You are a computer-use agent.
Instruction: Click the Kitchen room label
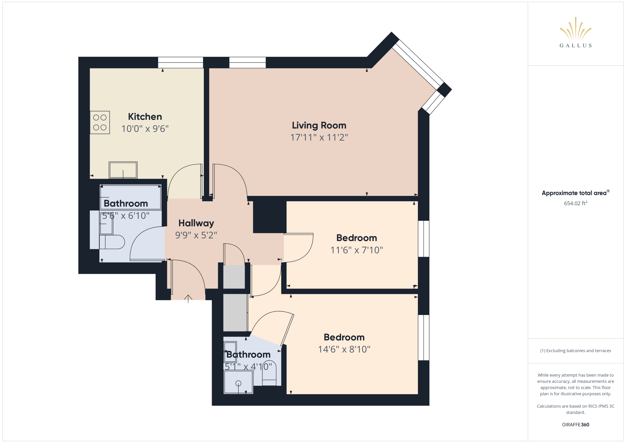(145, 117)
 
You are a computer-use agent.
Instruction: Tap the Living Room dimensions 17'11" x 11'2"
(319, 137)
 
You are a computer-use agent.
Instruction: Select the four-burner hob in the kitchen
(100, 123)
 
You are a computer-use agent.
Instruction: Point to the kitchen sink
(123, 170)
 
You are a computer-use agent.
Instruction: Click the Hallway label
(196, 223)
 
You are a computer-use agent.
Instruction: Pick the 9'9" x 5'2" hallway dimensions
(196, 235)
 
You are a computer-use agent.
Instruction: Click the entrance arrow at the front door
(188, 298)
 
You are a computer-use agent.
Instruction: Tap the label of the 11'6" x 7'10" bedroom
(357, 238)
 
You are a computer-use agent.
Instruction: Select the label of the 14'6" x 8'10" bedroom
(344, 337)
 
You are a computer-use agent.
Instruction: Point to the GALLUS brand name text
(576, 45)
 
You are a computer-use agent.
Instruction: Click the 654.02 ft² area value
(576, 203)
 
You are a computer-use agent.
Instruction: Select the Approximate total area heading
(575, 193)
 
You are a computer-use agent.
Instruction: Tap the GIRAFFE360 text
(576, 424)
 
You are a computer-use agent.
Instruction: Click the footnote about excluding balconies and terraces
(576, 351)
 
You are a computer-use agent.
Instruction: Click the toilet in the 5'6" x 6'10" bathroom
(112, 242)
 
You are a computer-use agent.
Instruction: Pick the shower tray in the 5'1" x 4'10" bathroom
(238, 382)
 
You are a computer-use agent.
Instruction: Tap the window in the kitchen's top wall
(180, 62)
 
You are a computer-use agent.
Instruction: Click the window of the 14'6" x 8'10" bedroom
(424, 338)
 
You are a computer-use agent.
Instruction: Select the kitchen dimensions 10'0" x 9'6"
(145, 128)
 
